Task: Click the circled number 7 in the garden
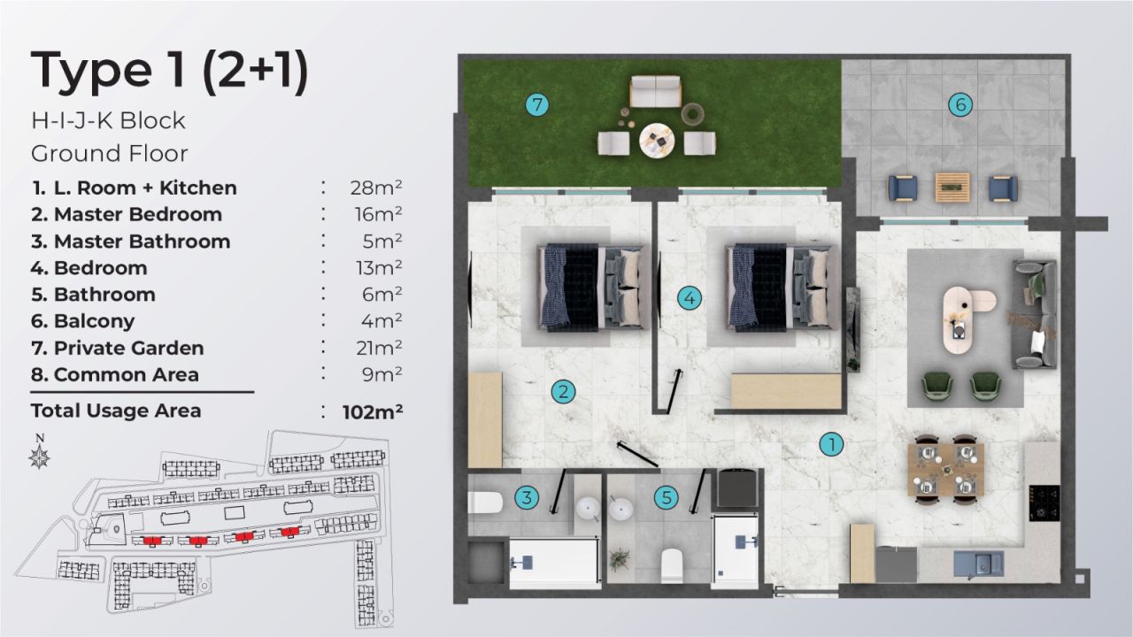[x=536, y=104]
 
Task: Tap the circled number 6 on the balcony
[x=960, y=104]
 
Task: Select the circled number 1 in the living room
[x=830, y=444]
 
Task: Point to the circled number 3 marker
[x=527, y=498]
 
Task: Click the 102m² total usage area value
[x=373, y=411]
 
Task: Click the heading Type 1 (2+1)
[x=169, y=72]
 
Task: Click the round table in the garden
[x=656, y=139]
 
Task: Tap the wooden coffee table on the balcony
[x=952, y=187]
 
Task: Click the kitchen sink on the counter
[x=978, y=563]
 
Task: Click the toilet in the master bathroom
[x=484, y=503]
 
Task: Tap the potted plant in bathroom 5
[x=620, y=559]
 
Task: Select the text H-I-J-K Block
[x=108, y=120]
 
